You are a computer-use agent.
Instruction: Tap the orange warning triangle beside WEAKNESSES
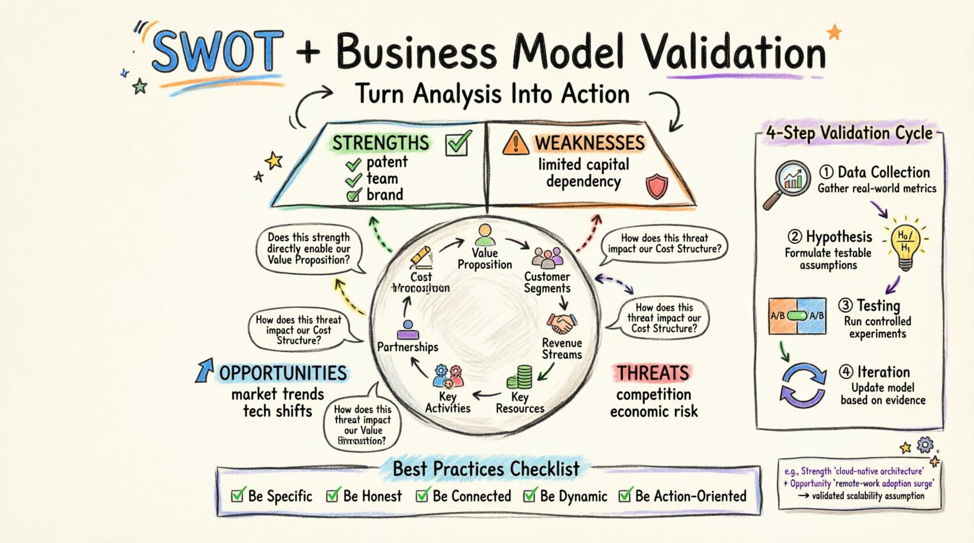coord(515,143)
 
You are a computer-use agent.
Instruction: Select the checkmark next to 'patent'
coord(353,164)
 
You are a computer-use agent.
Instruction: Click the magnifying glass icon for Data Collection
coord(788,183)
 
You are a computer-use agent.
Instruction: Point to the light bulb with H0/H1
coord(905,245)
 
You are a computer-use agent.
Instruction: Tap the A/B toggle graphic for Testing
coord(797,316)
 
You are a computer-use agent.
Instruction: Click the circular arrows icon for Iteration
coord(802,385)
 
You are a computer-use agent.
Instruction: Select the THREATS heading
coord(653,373)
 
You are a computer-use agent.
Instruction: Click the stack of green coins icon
coord(520,377)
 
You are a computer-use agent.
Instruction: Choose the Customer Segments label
coord(547,282)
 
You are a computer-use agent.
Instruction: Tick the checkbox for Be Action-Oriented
coord(625,496)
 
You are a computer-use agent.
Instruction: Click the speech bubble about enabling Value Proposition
coord(308,249)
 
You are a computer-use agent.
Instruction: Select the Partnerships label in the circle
coord(407,347)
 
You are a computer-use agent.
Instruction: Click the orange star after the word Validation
coord(834,32)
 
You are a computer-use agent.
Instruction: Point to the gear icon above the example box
coord(925,445)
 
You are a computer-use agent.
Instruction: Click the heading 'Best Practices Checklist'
coord(486,469)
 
